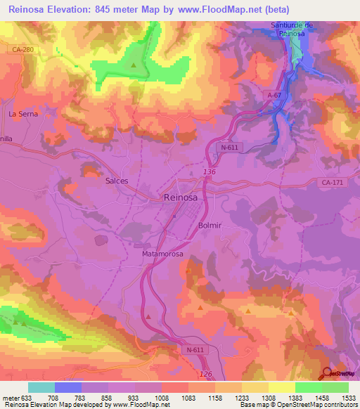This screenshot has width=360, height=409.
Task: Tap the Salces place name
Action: [117, 181]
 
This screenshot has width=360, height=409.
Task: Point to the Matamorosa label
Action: [163, 253]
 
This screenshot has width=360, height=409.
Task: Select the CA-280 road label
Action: [23, 49]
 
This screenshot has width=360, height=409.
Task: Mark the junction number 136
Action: [209, 172]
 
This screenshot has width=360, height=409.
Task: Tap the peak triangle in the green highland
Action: [134, 65]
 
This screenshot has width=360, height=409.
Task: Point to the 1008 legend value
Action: [162, 398]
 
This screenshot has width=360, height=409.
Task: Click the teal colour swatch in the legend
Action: [41, 387]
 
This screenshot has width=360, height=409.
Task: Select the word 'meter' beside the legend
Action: [11, 398]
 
